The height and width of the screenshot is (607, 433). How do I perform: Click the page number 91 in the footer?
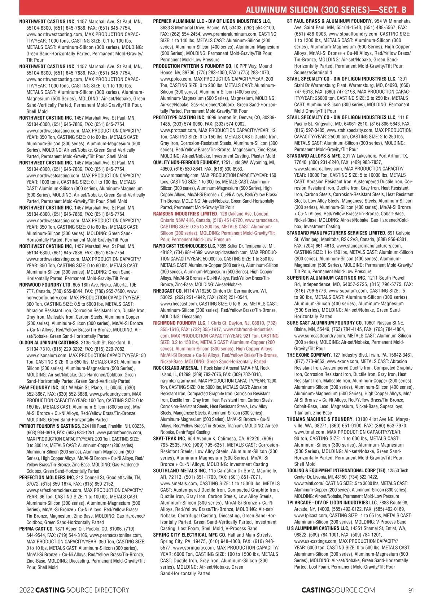(x=411, y=590)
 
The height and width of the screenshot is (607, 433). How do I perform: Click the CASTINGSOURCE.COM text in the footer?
(x=338, y=590)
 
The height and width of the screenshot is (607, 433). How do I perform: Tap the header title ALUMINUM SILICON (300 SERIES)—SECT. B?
(x=329, y=10)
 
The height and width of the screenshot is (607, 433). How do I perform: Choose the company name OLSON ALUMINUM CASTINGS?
(x=49, y=343)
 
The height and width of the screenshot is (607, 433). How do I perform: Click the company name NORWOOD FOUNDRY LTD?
(x=45, y=285)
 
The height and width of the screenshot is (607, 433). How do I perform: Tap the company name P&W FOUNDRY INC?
(x=39, y=388)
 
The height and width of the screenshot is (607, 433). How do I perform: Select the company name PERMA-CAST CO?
(x=36, y=529)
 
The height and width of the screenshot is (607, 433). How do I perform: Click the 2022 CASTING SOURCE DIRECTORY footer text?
(x=74, y=590)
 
